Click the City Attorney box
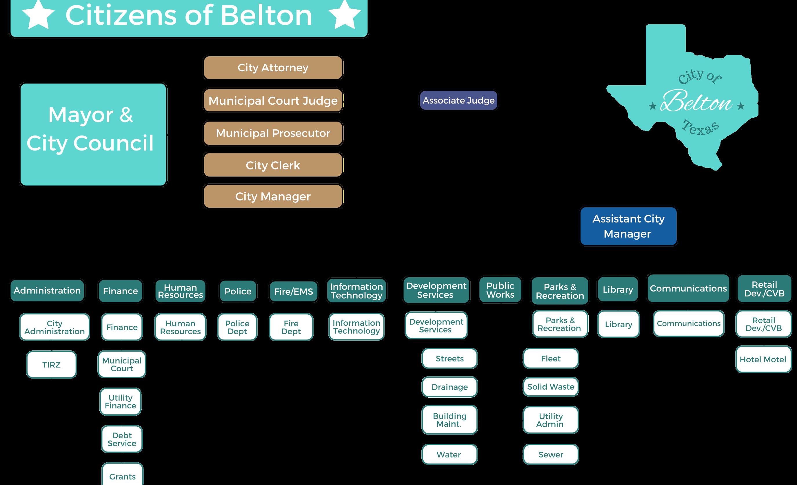tap(273, 68)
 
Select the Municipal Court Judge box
tap(273, 100)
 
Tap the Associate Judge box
tap(458, 100)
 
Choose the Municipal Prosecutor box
tap(273, 133)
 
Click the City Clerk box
tap(273, 165)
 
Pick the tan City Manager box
tap(273, 196)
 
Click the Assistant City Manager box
tap(628, 226)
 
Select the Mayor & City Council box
tap(93, 134)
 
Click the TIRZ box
tap(51, 365)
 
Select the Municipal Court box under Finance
tap(122, 364)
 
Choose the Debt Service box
tap(122, 439)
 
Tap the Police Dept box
tap(237, 327)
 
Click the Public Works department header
tap(500, 290)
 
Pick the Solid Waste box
tap(551, 387)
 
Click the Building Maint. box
tap(449, 420)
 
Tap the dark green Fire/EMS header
tap(293, 292)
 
